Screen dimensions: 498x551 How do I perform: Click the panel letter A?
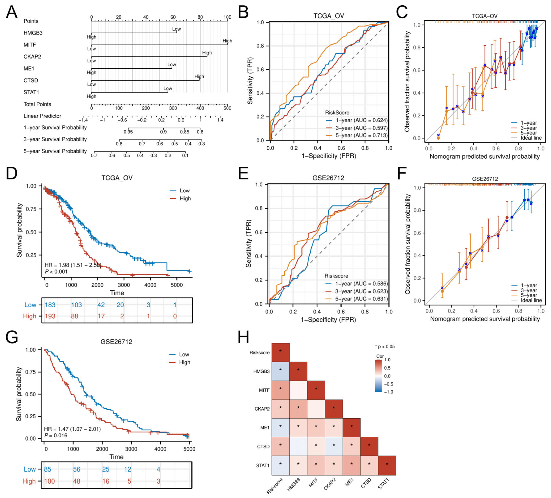[11, 13]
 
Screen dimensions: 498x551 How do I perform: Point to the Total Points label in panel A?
[37, 104]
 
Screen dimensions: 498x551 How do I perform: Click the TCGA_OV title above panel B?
[329, 16]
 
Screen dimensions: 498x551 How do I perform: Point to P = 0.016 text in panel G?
[56, 435]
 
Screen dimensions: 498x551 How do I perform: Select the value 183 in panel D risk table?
[50, 305]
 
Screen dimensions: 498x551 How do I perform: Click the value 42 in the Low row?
[101, 305]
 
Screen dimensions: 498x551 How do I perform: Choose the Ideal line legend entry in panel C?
[531, 138]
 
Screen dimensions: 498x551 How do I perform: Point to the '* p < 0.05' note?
[385, 347]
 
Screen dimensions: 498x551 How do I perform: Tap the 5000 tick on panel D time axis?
[177, 285]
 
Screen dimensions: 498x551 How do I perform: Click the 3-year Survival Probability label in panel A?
[55, 139]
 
